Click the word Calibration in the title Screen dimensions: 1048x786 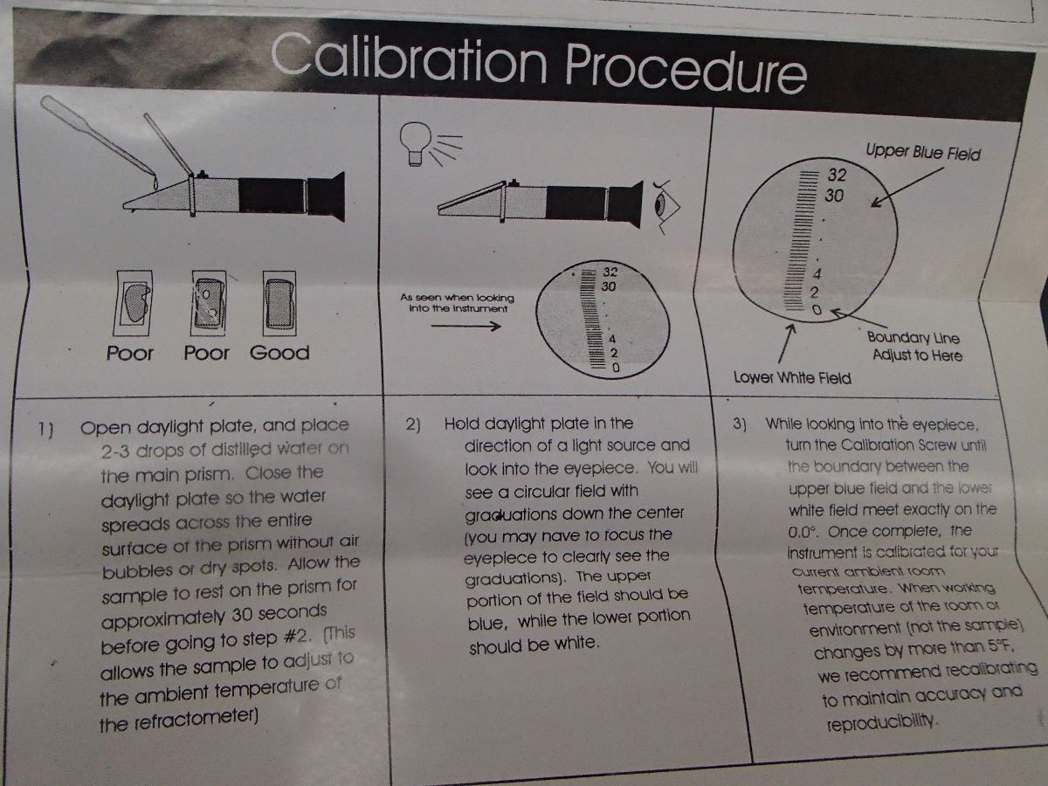point(409,59)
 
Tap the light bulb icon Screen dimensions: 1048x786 point(417,143)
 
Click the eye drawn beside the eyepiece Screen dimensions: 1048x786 point(665,207)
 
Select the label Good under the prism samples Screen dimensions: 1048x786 point(279,353)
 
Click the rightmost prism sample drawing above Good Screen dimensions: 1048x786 point(279,304)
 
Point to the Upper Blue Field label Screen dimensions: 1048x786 point(923,153)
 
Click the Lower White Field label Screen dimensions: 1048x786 point(792,378)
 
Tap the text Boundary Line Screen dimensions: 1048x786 point(913,338)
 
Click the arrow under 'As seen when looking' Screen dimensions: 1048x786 point(465,327)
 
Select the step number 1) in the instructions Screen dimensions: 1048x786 point(45,429)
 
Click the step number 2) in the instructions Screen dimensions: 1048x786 point(413,424)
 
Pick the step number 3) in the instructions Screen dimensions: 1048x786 point(740,424)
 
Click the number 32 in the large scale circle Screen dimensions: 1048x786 point(837,176)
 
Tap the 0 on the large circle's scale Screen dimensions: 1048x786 point(817,310)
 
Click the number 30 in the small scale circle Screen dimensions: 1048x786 point(608,286)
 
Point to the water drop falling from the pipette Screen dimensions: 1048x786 point(155,181)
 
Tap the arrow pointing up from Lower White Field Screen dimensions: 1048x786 point(787,343)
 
